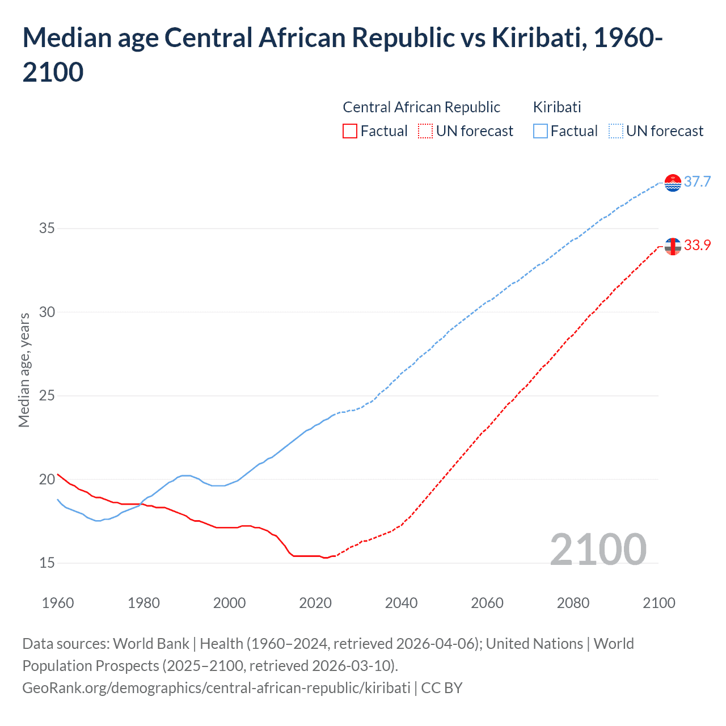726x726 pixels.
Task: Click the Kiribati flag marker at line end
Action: (673, 183)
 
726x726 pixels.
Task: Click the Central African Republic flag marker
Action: (673, 246)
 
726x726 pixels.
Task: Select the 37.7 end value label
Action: (697, 181)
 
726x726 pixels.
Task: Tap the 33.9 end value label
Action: (697, 245)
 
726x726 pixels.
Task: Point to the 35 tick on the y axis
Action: (47, 229)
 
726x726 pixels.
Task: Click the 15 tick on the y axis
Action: (47, 563)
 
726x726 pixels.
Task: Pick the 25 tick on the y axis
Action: (47, 396)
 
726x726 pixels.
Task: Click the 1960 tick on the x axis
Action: (58, 603)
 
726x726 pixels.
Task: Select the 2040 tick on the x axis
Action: (401, 603)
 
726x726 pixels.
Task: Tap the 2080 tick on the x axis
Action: (573, 603)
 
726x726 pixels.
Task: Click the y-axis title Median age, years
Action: (24, 370)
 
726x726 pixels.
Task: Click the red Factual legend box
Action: (350, 131)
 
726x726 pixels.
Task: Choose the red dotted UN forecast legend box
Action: (425, 131)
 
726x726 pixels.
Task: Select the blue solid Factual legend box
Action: (541, 131)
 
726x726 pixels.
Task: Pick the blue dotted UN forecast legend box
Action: (615, 131)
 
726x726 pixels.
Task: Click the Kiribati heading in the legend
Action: (557, 107)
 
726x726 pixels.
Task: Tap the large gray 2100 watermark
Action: (598, 550)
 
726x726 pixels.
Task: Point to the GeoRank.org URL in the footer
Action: (216, 688)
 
